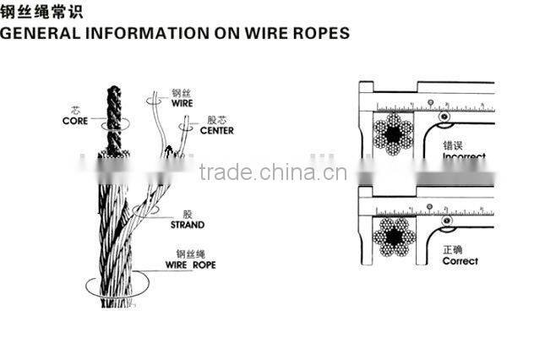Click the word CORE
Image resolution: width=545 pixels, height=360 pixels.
pyautogui.click(x=75, y=121)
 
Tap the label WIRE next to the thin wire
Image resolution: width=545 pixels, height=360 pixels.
pyautogui.click(x=182, y=103)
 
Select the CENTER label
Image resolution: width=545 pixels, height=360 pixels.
pyautogui.click(x=216, y=130)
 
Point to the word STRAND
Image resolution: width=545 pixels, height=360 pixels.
pyautogui.click(x=187, y=225)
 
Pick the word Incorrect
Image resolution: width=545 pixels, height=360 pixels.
pyautogui.click(x=463, y=157)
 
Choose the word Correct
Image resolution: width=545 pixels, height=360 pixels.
pyautogui.click(x=460, y=261)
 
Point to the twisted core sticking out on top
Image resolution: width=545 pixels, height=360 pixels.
pyautogui.click(x=113, y=114)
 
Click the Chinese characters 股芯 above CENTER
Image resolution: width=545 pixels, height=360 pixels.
pyautogui.click(x=215, y=119)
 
